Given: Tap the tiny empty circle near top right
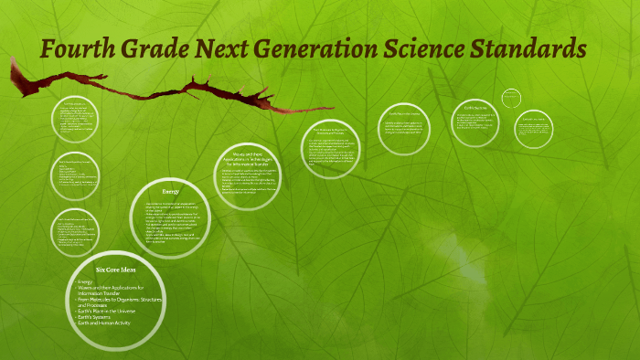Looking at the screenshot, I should point(511,97).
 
